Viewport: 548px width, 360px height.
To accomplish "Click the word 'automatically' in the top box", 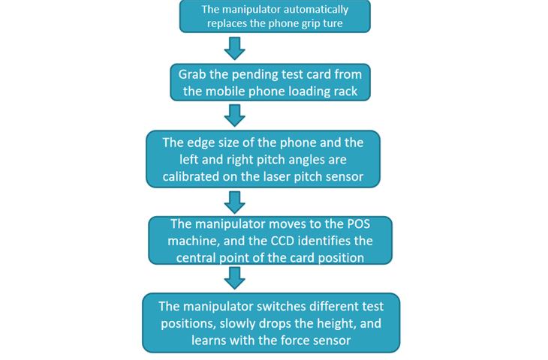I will point(319,10).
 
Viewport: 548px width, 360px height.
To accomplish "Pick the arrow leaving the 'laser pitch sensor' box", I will point(235,201).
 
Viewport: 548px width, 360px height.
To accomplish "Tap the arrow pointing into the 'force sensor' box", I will point(235,277).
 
